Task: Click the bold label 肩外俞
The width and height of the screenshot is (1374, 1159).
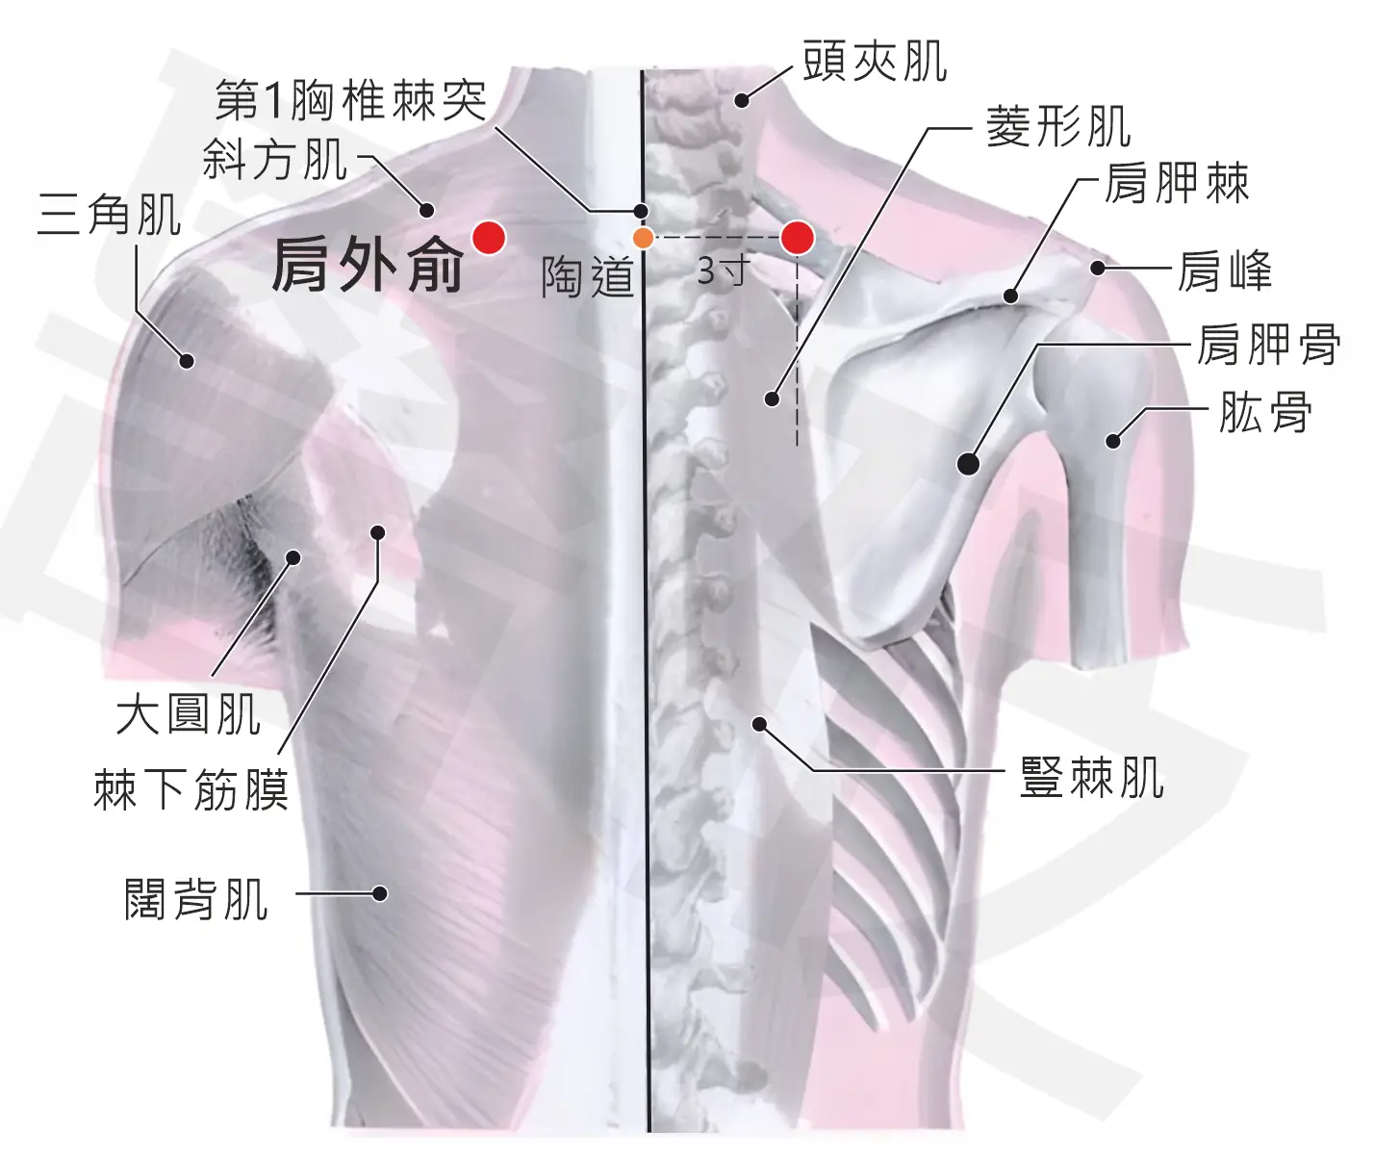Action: coord(368,266)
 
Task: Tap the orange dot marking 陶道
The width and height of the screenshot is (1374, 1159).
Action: coord(643,238)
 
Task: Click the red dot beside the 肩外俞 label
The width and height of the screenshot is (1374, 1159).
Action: coord(489,238)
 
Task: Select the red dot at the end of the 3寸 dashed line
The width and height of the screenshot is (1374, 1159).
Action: coord(798,238)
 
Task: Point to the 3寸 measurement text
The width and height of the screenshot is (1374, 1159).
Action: coord(724,270)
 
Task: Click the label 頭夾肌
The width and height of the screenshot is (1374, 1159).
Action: coord(875,62)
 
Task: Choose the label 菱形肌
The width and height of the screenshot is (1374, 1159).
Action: coord(1058,126)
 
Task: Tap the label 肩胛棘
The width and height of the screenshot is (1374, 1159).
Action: coord(1177,183)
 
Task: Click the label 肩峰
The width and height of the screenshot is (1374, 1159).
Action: coord(1224,270)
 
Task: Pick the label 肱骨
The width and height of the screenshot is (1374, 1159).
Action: coord(1265,413)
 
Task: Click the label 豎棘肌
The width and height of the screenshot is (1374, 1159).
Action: coord(1092,777)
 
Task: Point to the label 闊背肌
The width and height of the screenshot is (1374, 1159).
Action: coord(196,899)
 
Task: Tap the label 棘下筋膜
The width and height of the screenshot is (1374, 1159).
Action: coord(191,789)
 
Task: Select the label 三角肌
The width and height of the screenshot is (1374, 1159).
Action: coord(110,214)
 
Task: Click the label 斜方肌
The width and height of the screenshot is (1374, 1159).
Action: coord(274,159)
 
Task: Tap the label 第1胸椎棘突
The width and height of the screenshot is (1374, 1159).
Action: coord(351,100)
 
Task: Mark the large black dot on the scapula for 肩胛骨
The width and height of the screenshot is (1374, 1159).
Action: coord(968,464)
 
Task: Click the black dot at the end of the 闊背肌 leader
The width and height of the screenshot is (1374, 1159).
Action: coord(379,893)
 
